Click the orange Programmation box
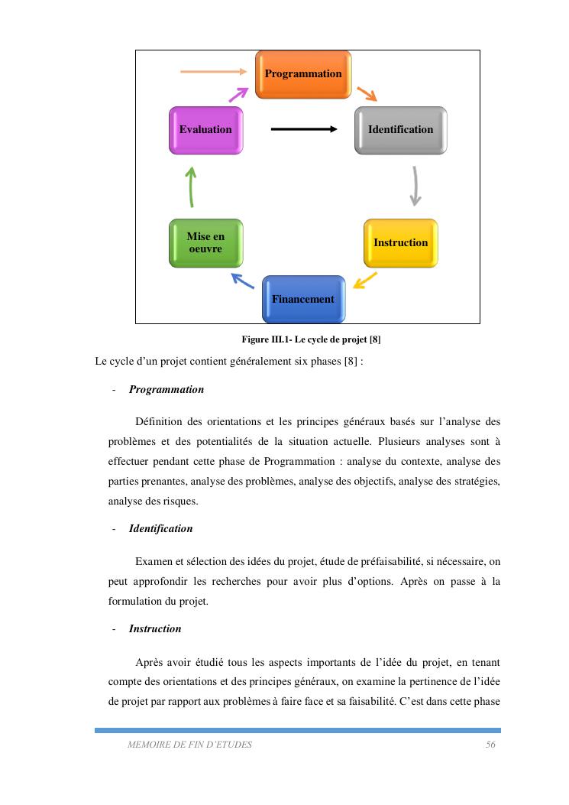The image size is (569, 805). click(303, 74)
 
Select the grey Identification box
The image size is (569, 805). click(400, 130)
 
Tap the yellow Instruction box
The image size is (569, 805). click(400, 242)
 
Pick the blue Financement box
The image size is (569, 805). click(303, 299)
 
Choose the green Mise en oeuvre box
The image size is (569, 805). click(205, 242)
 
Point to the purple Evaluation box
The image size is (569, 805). click(205, 130)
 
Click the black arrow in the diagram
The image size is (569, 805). click(303, 129)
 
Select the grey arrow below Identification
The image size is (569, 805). click(415, 186)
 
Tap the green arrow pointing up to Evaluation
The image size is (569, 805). click(192, 187)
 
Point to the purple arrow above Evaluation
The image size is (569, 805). click(239, 94)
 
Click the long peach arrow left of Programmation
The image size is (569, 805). click(214, 72)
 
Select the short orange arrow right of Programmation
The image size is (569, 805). click(367, 94)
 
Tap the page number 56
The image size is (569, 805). click(490, 745)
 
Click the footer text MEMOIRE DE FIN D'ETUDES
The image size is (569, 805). click(189, 745)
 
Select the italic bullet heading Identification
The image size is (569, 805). click(160, 529)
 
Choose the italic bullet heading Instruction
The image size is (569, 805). click(155, 629)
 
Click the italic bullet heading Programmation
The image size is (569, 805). click(166, 390)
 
